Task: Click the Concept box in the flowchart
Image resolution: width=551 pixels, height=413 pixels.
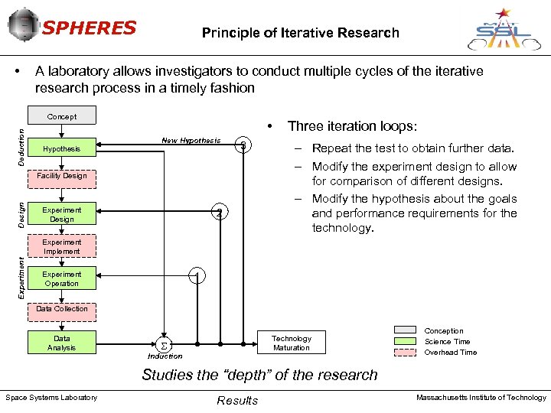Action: tap(62, 117)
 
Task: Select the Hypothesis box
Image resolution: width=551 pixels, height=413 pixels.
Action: tap(62, 148)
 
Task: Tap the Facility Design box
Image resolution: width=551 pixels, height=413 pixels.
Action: tap(62, 176)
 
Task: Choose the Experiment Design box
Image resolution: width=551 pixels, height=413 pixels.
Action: tap(62, 214)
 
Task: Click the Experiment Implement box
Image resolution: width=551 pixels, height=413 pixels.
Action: tap(62, 246)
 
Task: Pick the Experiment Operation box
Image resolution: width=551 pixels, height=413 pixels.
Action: tap(62, 278)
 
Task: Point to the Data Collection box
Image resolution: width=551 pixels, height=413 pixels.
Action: tap(62, 309)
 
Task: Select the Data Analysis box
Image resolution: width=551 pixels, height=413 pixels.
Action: tap(62, 343)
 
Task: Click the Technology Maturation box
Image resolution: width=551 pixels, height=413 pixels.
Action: tap(292, 343)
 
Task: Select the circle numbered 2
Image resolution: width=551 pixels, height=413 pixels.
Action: tap(220, 213)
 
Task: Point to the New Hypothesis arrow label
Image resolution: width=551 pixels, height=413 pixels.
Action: tap(191, 141)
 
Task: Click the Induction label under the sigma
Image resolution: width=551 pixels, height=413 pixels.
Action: tap(165, 356)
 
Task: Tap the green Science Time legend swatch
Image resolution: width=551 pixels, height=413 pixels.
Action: tap(405, 342)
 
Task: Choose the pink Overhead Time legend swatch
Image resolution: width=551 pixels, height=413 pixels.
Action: tap(405, 353)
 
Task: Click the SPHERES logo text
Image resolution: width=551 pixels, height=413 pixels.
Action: tap(89, 29)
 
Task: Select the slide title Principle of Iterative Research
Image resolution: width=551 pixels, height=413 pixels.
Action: tap(300, 33)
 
